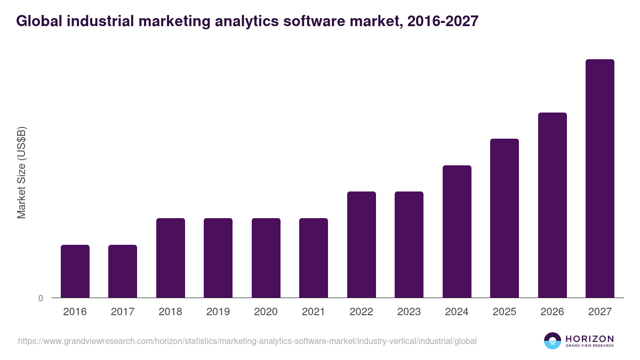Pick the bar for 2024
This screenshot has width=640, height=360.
click(x=457, y=231)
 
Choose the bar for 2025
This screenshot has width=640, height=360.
click(x=504, y=218)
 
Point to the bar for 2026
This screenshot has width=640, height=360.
click(x=552, y=205)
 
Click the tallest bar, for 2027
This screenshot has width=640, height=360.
click(x=599, y=178)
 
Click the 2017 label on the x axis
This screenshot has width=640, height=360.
click(x=123, y=312)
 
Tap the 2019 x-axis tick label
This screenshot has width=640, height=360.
click(x=218, y=312)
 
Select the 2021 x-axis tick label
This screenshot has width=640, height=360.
click(x=314, y=312)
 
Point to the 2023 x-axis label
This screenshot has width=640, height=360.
click(x=409, y=312)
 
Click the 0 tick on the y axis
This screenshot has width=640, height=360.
click(x=41, y=299)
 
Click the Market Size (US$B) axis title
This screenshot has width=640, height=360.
click(x=22, y=173)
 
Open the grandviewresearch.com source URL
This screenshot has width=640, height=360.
click(x=247, y=341)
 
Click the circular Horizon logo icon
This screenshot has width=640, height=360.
click(x=553, y=341)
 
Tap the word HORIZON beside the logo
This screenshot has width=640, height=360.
click(x=589, y=339)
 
